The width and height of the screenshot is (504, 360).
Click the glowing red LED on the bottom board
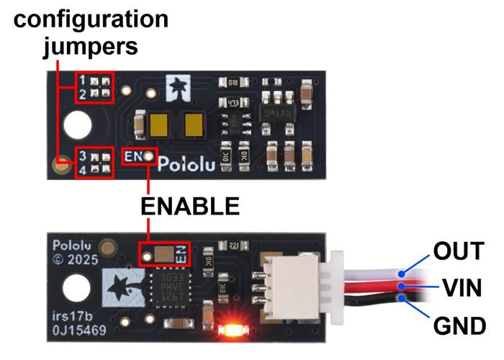click(232, 331)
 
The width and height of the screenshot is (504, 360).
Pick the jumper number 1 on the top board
click(84, 79)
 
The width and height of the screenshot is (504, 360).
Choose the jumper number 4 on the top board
click(84, 170)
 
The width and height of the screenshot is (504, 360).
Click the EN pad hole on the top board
click(148, 155)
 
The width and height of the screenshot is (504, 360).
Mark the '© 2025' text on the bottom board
click(75, 260)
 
